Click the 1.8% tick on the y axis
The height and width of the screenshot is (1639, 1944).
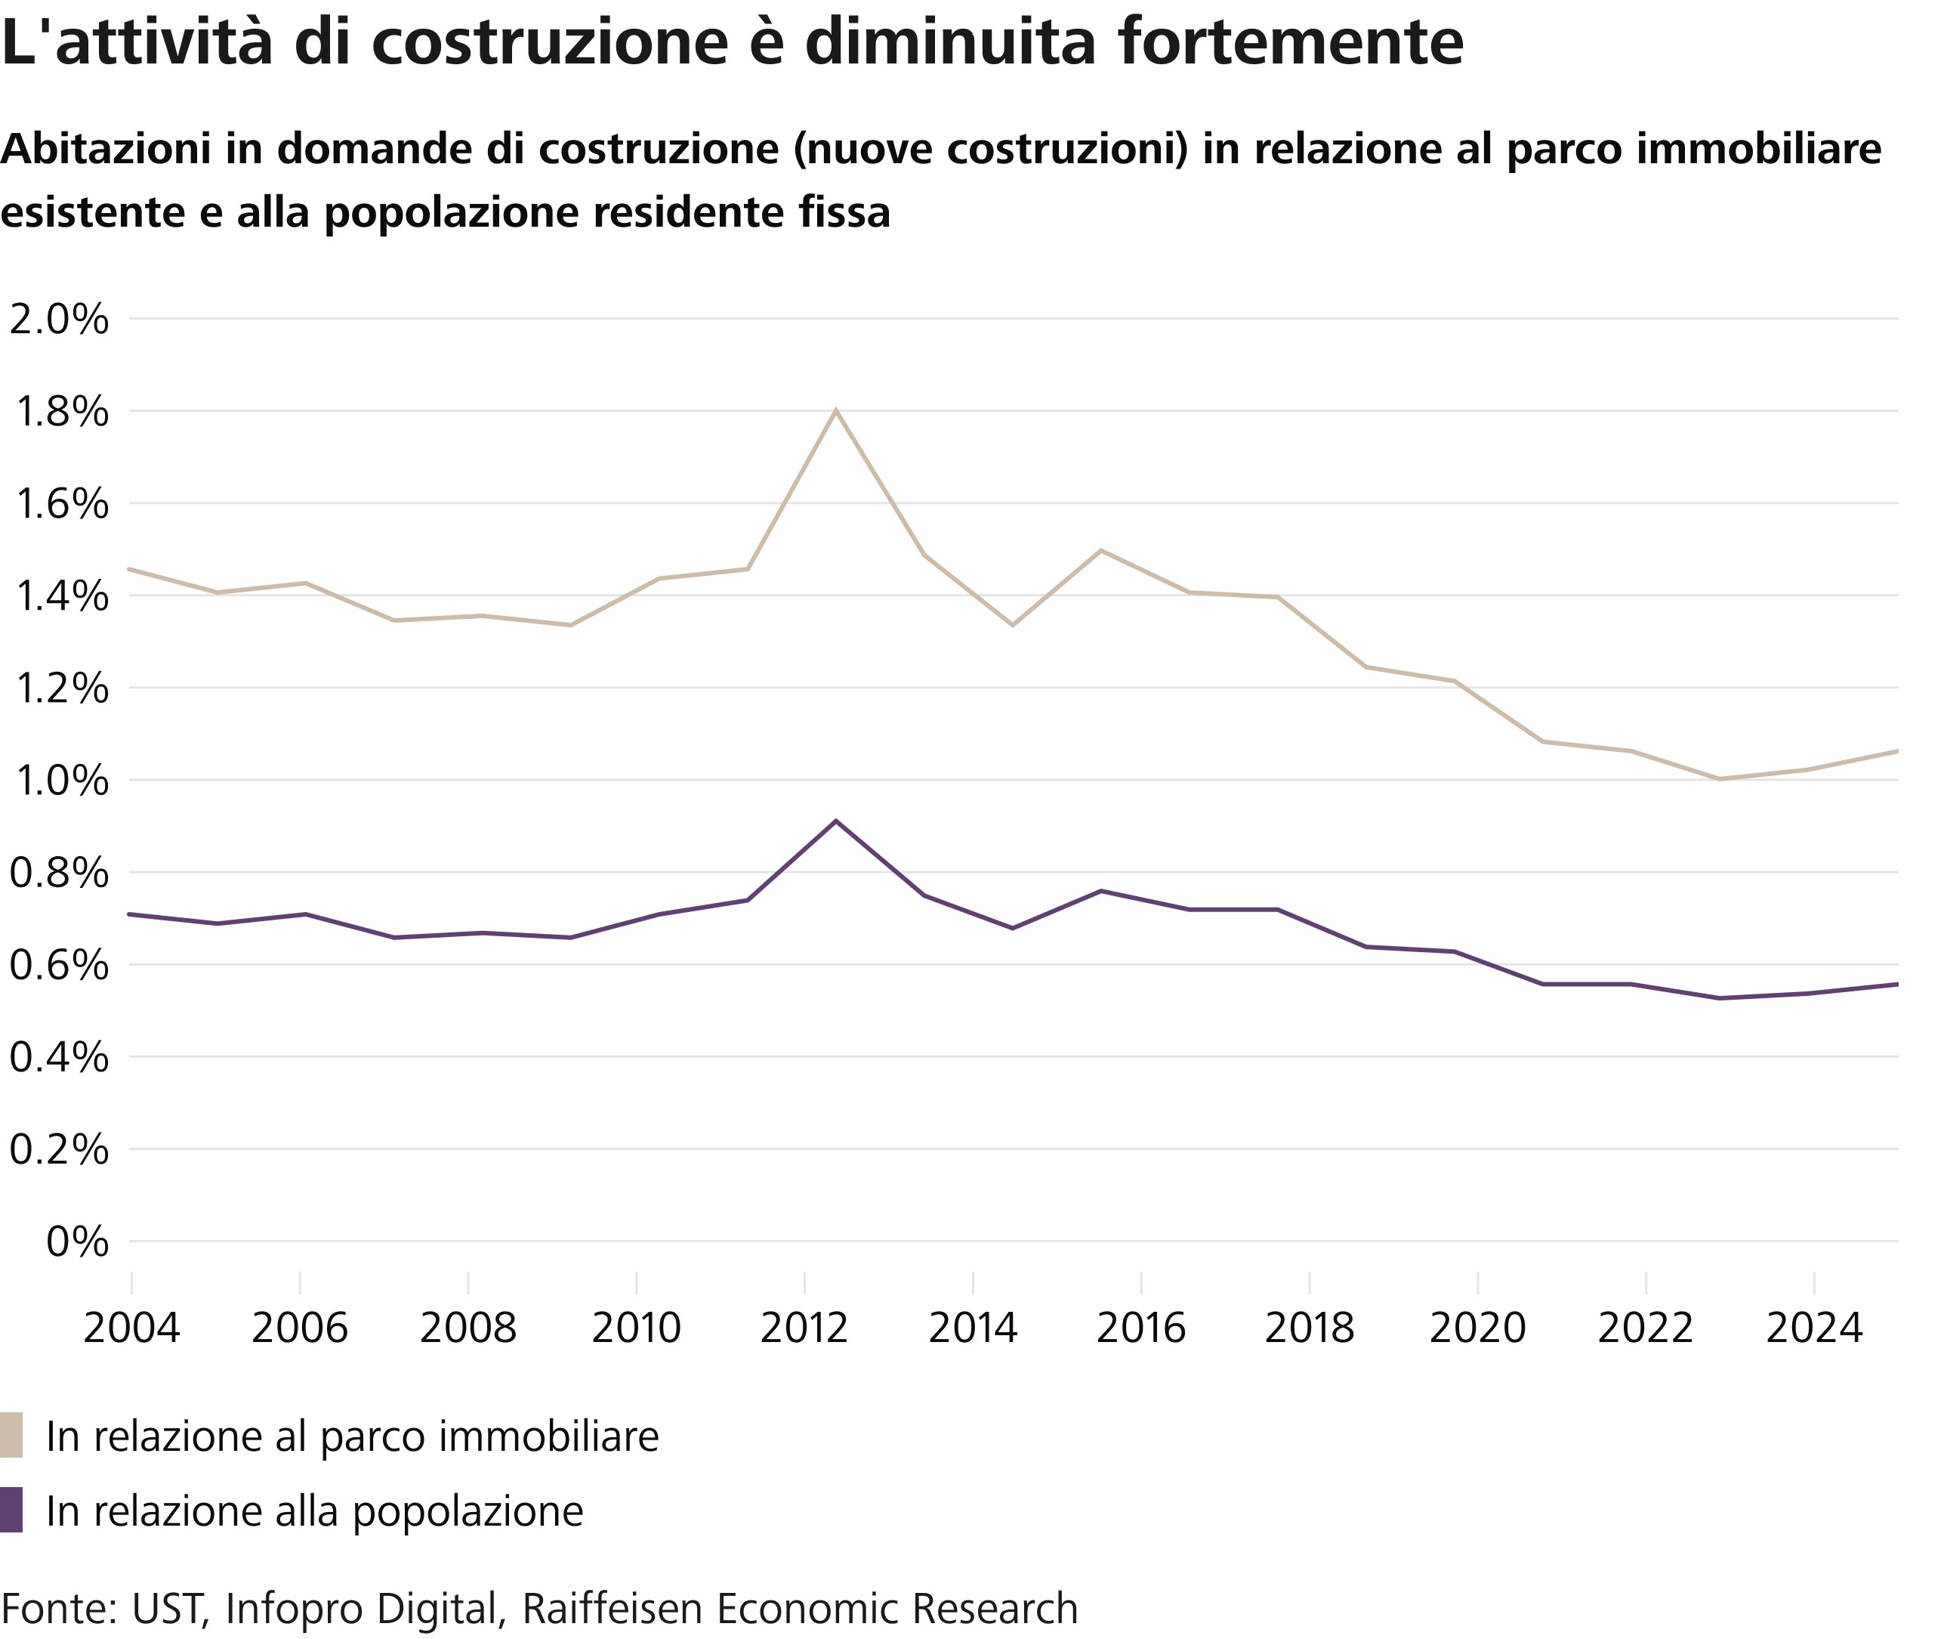coord(61,412)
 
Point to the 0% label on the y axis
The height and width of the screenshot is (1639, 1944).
coord(77,1242)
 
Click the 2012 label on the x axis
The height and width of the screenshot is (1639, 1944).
coord(804,1328)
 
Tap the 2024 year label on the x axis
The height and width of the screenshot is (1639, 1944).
coord(1814,1328)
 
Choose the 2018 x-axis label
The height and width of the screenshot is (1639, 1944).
coord(1309,1328)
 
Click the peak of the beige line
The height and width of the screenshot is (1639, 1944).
coord(836,410)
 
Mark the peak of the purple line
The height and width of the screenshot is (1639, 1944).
coord(836,821)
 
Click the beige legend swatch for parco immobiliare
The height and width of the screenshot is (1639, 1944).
coord(11,1436)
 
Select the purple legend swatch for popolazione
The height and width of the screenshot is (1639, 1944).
coord(11,1510)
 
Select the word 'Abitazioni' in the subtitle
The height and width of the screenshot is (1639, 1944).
coord(105,149)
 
